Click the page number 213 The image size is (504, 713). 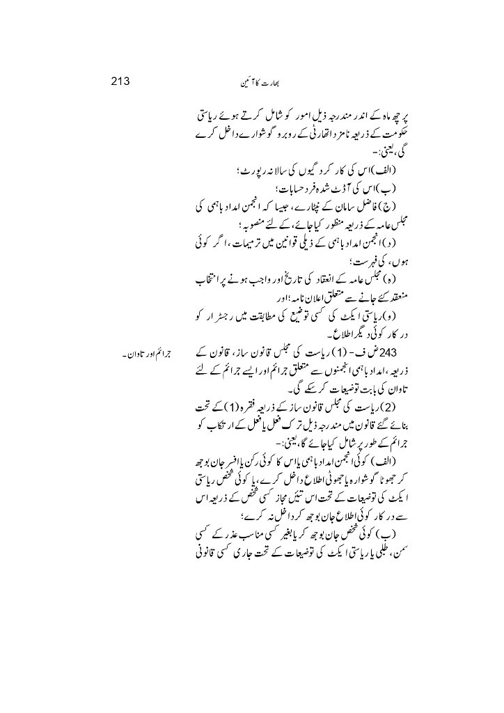[122, 80]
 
